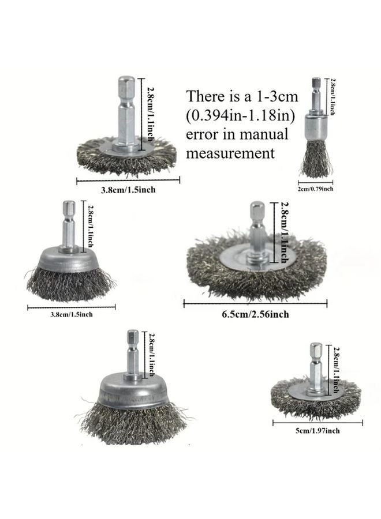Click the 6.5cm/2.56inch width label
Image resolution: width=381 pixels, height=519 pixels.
[x=256, y=314]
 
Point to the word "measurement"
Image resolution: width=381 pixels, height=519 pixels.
[x=230, y=154]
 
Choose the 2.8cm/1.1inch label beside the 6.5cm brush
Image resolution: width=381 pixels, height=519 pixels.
[x=284, y=230]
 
